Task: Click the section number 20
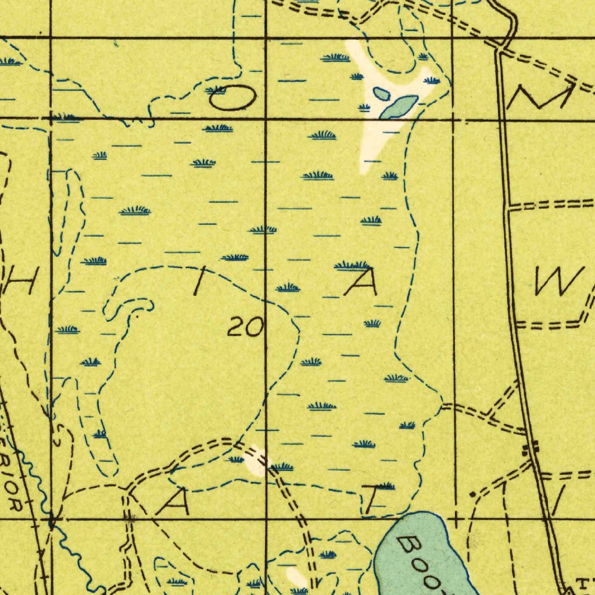(245, 328)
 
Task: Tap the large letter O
(232, 100)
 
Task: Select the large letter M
(540, 96)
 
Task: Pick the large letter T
(372, 499)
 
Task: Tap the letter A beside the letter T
(173, 502)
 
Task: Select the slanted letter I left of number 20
(200, 284)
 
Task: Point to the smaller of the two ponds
(380, 93)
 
